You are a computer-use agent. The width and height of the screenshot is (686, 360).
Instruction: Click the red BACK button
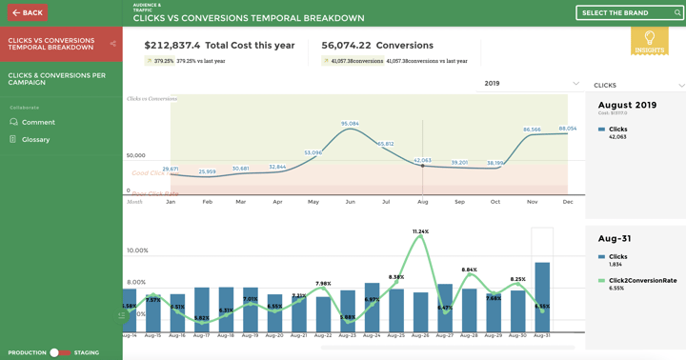click(27, 12)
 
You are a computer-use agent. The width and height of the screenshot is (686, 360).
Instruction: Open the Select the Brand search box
click(629, 12)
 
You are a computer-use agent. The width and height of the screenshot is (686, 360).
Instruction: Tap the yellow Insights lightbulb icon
click(649, 41)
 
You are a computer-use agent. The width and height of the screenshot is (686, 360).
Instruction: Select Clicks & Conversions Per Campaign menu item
click(57, 78)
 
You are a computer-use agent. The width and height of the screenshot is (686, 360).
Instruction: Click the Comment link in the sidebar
click(38, 122)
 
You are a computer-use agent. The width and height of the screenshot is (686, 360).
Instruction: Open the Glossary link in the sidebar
click(35, 139)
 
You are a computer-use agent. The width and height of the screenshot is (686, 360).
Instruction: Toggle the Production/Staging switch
click(59, 352)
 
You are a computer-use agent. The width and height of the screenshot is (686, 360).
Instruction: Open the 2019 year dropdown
click(531, 84)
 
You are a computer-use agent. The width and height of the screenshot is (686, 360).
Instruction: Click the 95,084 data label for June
click(350, 124)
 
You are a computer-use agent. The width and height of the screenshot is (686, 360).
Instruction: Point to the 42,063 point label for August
click(422, 160)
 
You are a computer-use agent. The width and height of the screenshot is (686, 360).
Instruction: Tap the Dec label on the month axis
click(568, 202)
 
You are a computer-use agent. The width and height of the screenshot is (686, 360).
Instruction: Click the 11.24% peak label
click(420, 231)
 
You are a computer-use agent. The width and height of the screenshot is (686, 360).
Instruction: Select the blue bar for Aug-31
click(542, 295)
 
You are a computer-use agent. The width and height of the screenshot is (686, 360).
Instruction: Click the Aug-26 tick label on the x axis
click(420, 336)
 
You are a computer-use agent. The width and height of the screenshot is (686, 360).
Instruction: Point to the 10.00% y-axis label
click(137, 250)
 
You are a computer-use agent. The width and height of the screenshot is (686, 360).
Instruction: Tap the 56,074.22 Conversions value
click(347, 45)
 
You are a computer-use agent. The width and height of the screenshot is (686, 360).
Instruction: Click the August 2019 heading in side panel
click(627, 105)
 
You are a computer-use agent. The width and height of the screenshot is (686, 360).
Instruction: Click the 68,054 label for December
click(568, 129)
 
